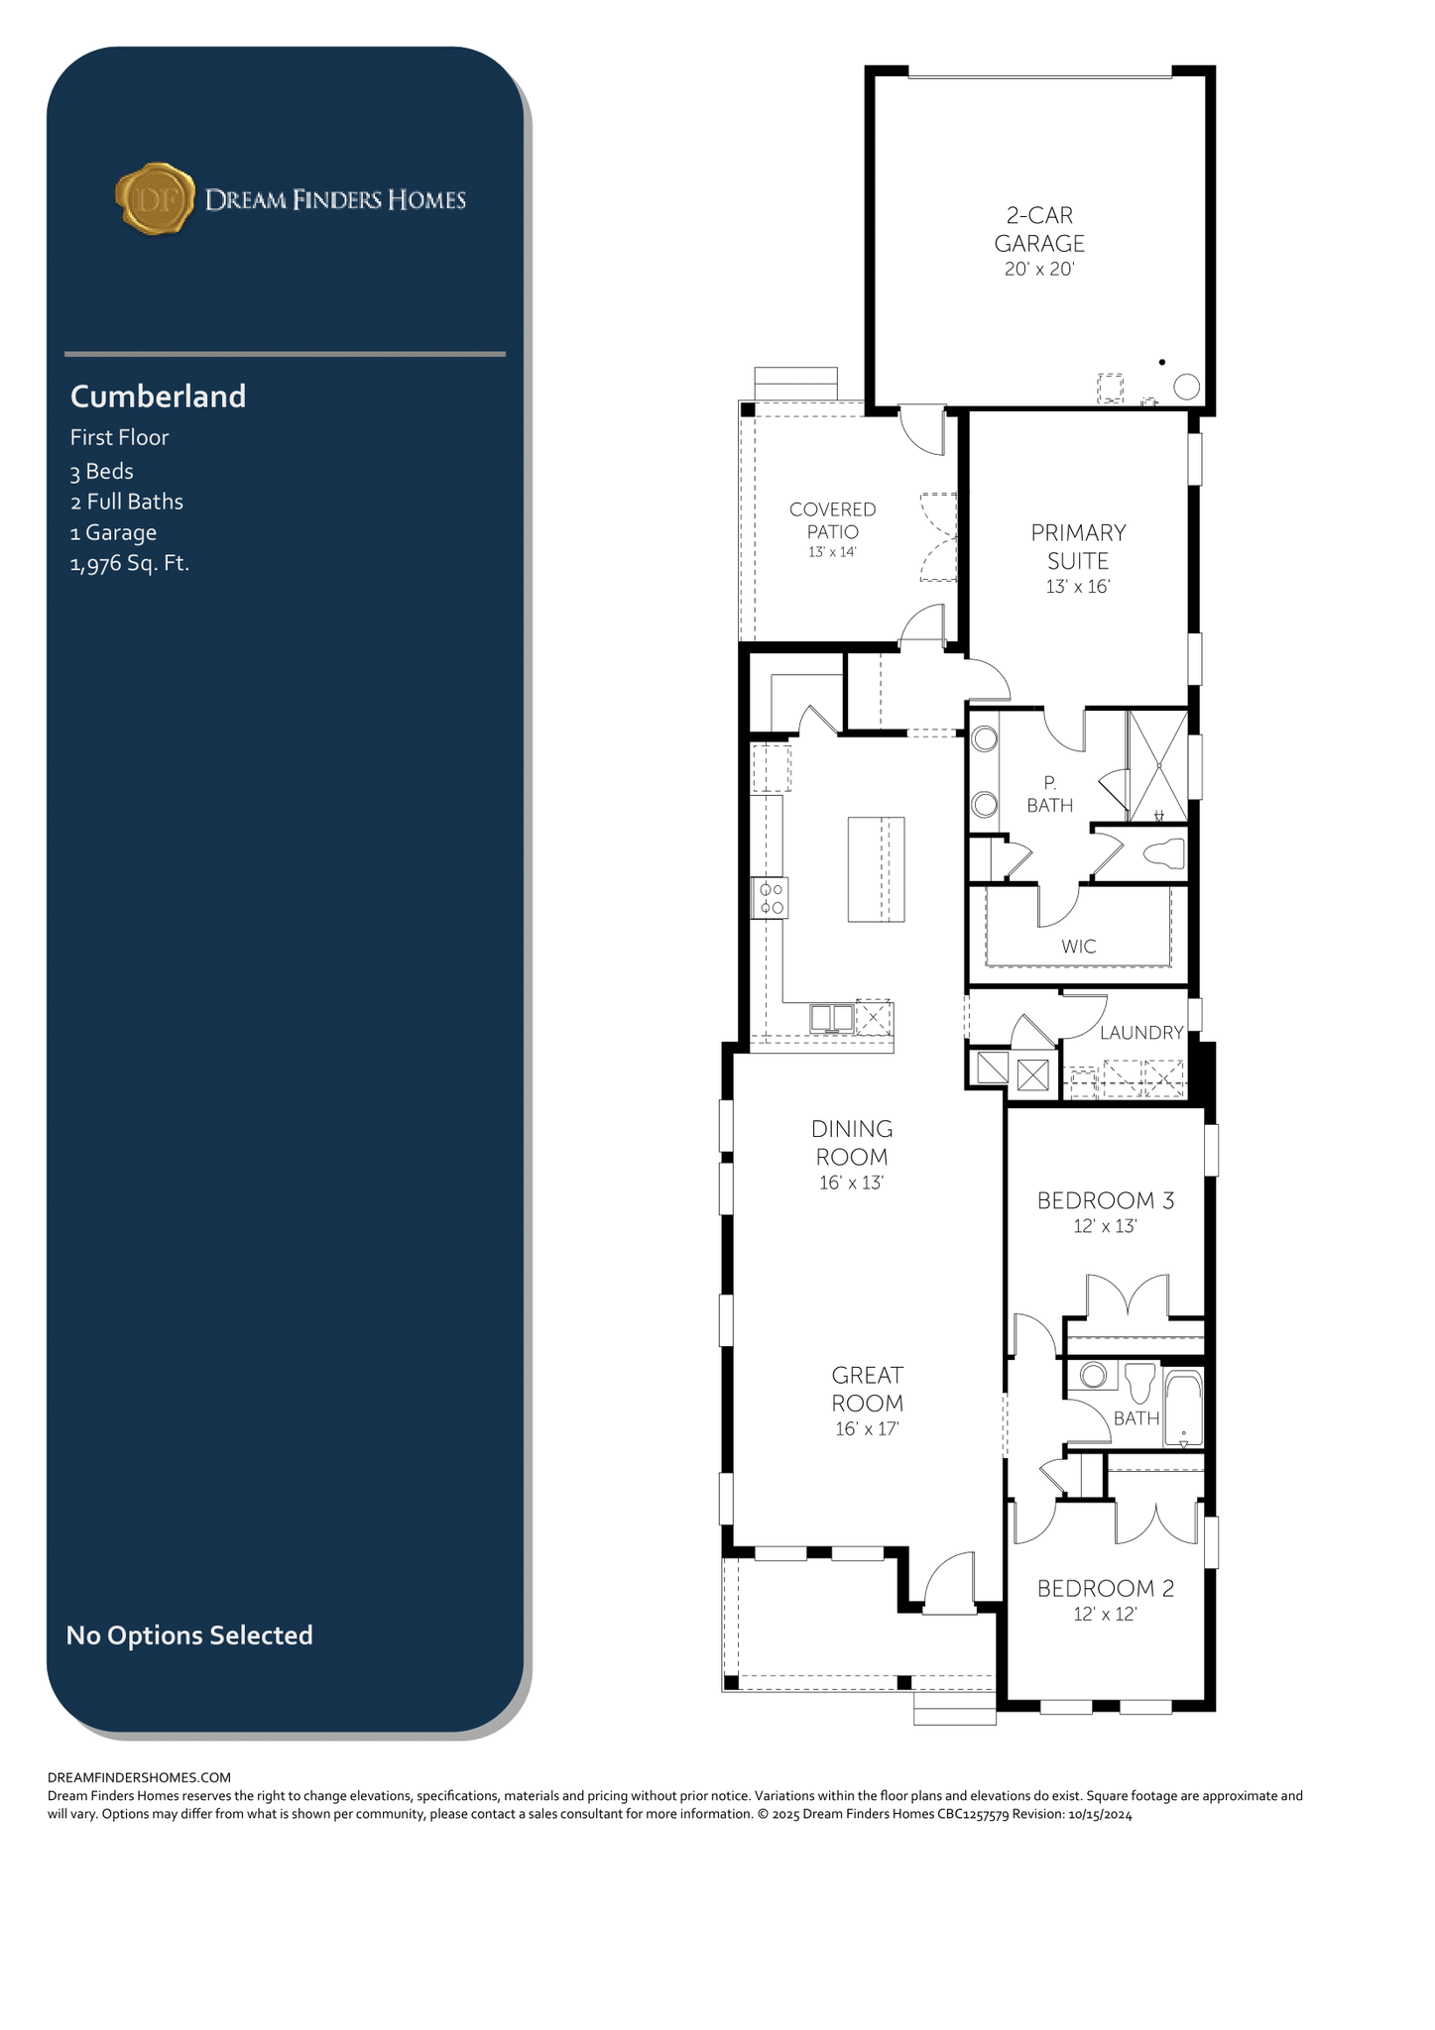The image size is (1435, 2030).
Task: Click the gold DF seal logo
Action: (155, 199)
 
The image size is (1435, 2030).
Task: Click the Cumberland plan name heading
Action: (158, 396)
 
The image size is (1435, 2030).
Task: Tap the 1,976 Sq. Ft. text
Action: (129, 564)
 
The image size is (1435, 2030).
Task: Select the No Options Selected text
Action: (189, 1635)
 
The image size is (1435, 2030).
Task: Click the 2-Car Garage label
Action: (1039, 229)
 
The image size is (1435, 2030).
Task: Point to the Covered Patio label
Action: (833, 520)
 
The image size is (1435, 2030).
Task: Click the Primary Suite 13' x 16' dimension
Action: (1078, 587)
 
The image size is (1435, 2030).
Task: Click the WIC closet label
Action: (1079, 947)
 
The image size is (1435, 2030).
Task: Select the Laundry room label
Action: (1141, 1033)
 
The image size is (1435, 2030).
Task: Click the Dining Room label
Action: (852, 1143)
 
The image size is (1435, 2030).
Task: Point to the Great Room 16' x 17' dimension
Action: (868, 1429)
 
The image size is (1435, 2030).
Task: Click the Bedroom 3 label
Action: (1106, 1201)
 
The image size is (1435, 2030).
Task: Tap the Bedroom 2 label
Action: (1106, 1589)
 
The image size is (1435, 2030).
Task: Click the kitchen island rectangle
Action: (877, 869)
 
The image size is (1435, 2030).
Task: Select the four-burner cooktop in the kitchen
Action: (770, 898)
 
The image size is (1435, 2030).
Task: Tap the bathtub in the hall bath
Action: (1183, 1408)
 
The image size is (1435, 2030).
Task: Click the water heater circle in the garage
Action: (1187, 387)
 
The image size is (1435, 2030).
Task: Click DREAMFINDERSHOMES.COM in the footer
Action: (140, 1777)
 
